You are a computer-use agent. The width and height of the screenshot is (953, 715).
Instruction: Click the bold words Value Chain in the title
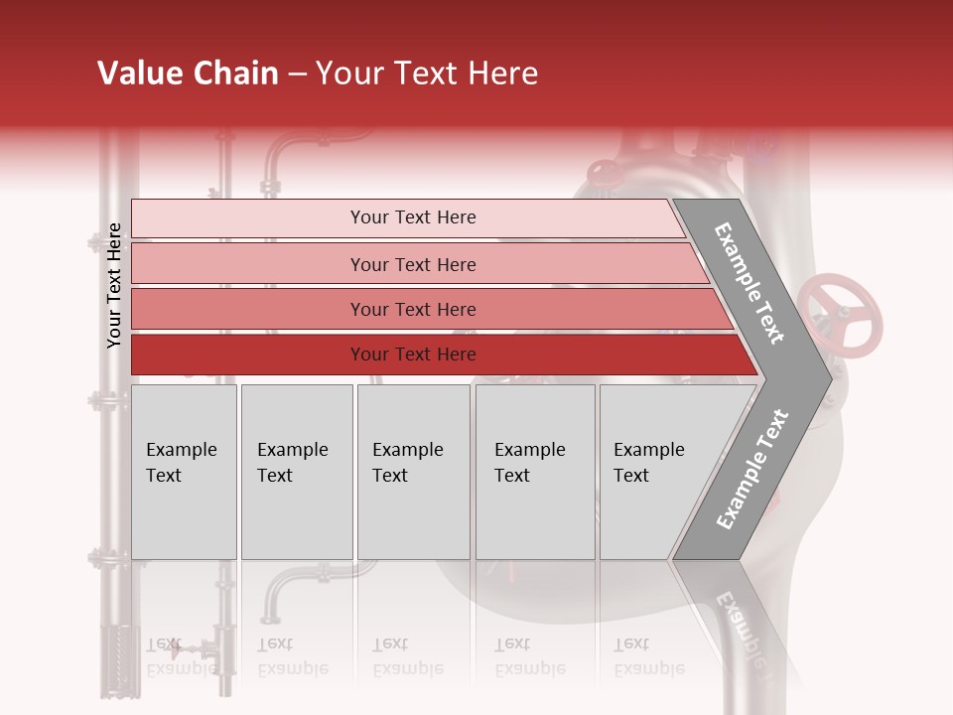pos(188,73)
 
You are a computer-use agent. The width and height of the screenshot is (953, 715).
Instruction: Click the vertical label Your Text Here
pos(114,285)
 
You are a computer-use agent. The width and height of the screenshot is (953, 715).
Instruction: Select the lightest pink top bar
pos(412,217)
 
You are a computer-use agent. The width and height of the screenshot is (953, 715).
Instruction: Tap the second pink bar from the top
pos(412,264)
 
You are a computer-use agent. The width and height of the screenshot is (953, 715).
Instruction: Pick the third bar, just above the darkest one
pos(412,309)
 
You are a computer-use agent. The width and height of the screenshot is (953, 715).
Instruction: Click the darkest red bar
pos(412,355)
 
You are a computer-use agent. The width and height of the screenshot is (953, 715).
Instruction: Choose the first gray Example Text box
pos(184,472)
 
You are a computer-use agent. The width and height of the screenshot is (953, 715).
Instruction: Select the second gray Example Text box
pos(296,472)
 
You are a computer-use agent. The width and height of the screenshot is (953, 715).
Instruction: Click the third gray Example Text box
pos(413,472)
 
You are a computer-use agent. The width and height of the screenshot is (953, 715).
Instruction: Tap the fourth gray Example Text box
pos(534,472)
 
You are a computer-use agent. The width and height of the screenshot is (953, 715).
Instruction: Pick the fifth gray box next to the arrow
pos(651,472)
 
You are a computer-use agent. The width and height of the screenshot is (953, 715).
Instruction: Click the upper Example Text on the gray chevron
pos(749,283)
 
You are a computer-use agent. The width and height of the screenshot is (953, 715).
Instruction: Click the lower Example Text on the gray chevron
pos(751,469)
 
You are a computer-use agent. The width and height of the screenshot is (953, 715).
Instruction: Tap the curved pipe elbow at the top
pos(288,149)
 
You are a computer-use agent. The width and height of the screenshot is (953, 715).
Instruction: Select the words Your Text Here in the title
pos(427,73)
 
